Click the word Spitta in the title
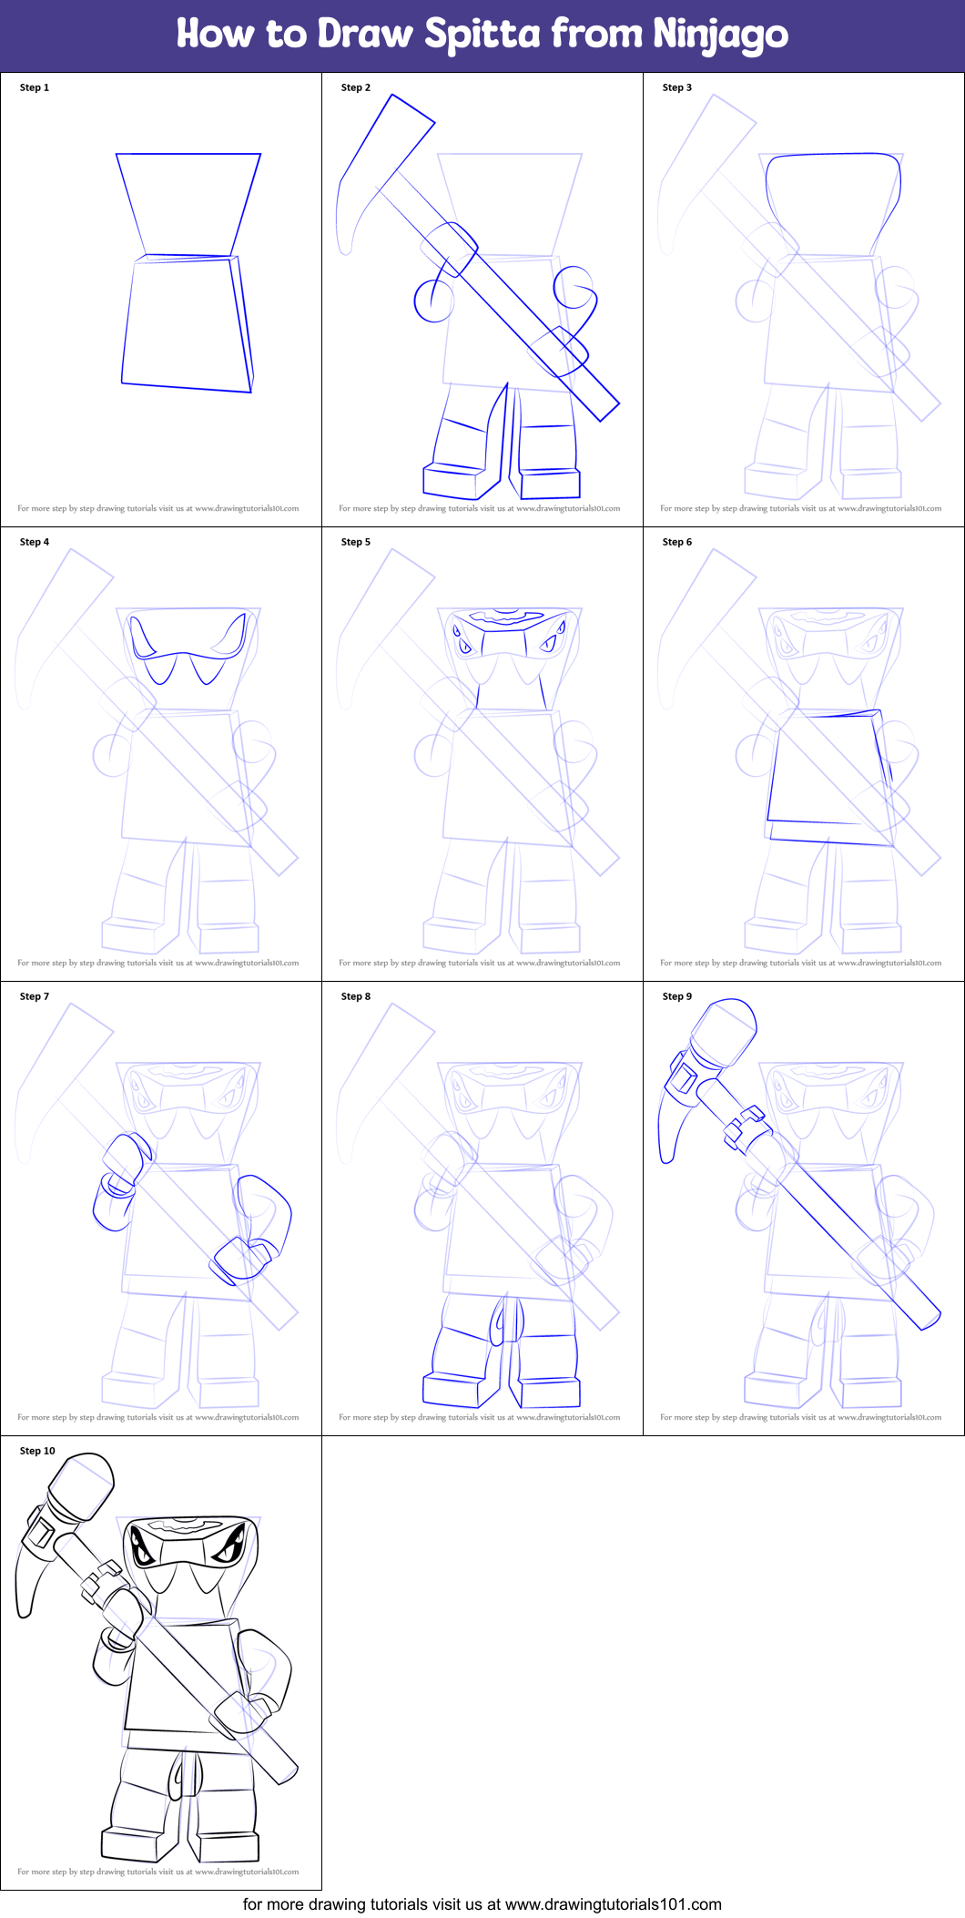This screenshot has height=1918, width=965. point(482,35)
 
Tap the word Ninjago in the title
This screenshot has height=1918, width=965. point(720,35)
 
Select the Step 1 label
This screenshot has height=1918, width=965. point(35,87)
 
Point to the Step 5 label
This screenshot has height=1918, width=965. point(356,542)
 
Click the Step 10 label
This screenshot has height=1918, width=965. point(37,1451)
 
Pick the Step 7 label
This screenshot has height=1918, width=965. point(35,996)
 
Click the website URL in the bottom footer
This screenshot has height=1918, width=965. point(613,1903)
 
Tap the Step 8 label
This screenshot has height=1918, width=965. point(356,996)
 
